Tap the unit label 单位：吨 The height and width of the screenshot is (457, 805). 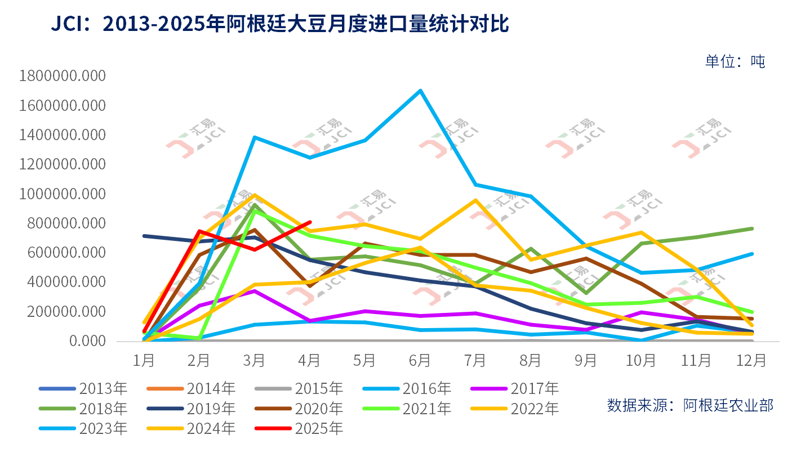click(735, 61)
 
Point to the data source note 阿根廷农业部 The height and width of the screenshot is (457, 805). click(691, 405)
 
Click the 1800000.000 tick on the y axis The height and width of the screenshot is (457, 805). click(63, 77)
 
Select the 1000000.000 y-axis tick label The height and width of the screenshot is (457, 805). click(63, 194)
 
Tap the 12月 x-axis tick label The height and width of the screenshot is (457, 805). click(752, 359)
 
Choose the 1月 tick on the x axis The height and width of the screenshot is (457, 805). click(144, 359)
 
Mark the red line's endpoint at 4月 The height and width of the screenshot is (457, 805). click(310, 222)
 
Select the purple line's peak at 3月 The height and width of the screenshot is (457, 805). click(255, 291)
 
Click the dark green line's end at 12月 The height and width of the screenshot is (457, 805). click(752, 228)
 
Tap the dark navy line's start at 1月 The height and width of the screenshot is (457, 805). click(145, 236)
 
